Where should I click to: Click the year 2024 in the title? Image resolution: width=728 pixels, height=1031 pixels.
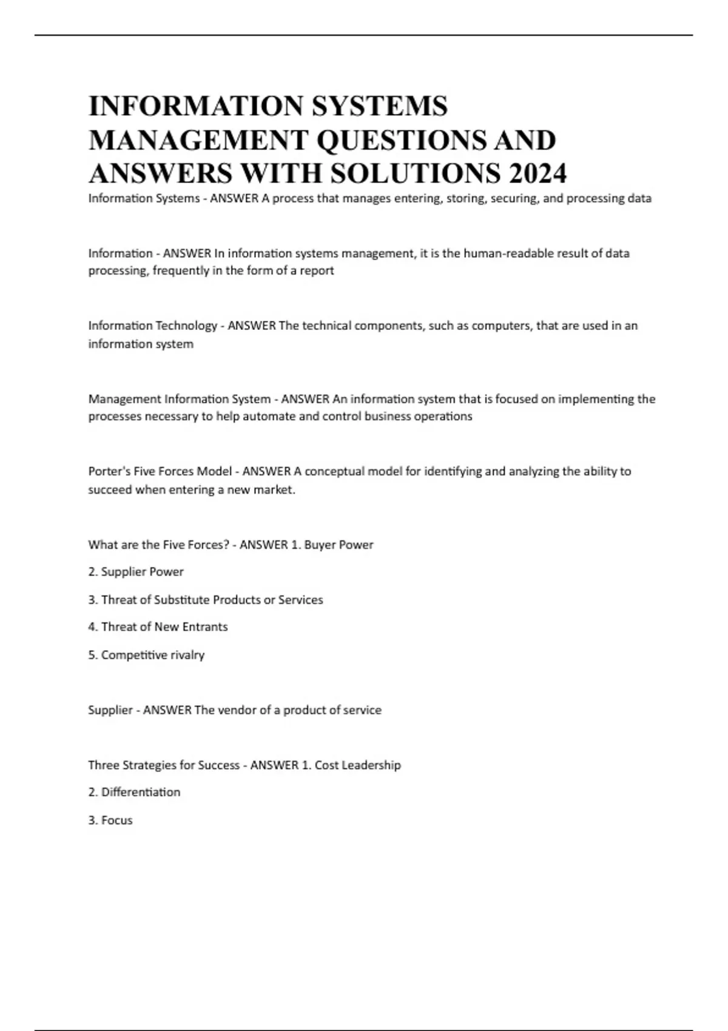point(538,173)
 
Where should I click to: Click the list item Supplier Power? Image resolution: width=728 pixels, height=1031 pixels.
point(142,572)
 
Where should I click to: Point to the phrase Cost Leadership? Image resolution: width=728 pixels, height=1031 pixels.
point(357,765)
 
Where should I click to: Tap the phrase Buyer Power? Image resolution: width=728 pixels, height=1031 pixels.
point(339,545)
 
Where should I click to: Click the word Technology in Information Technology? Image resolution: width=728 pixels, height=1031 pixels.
point(186,326)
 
